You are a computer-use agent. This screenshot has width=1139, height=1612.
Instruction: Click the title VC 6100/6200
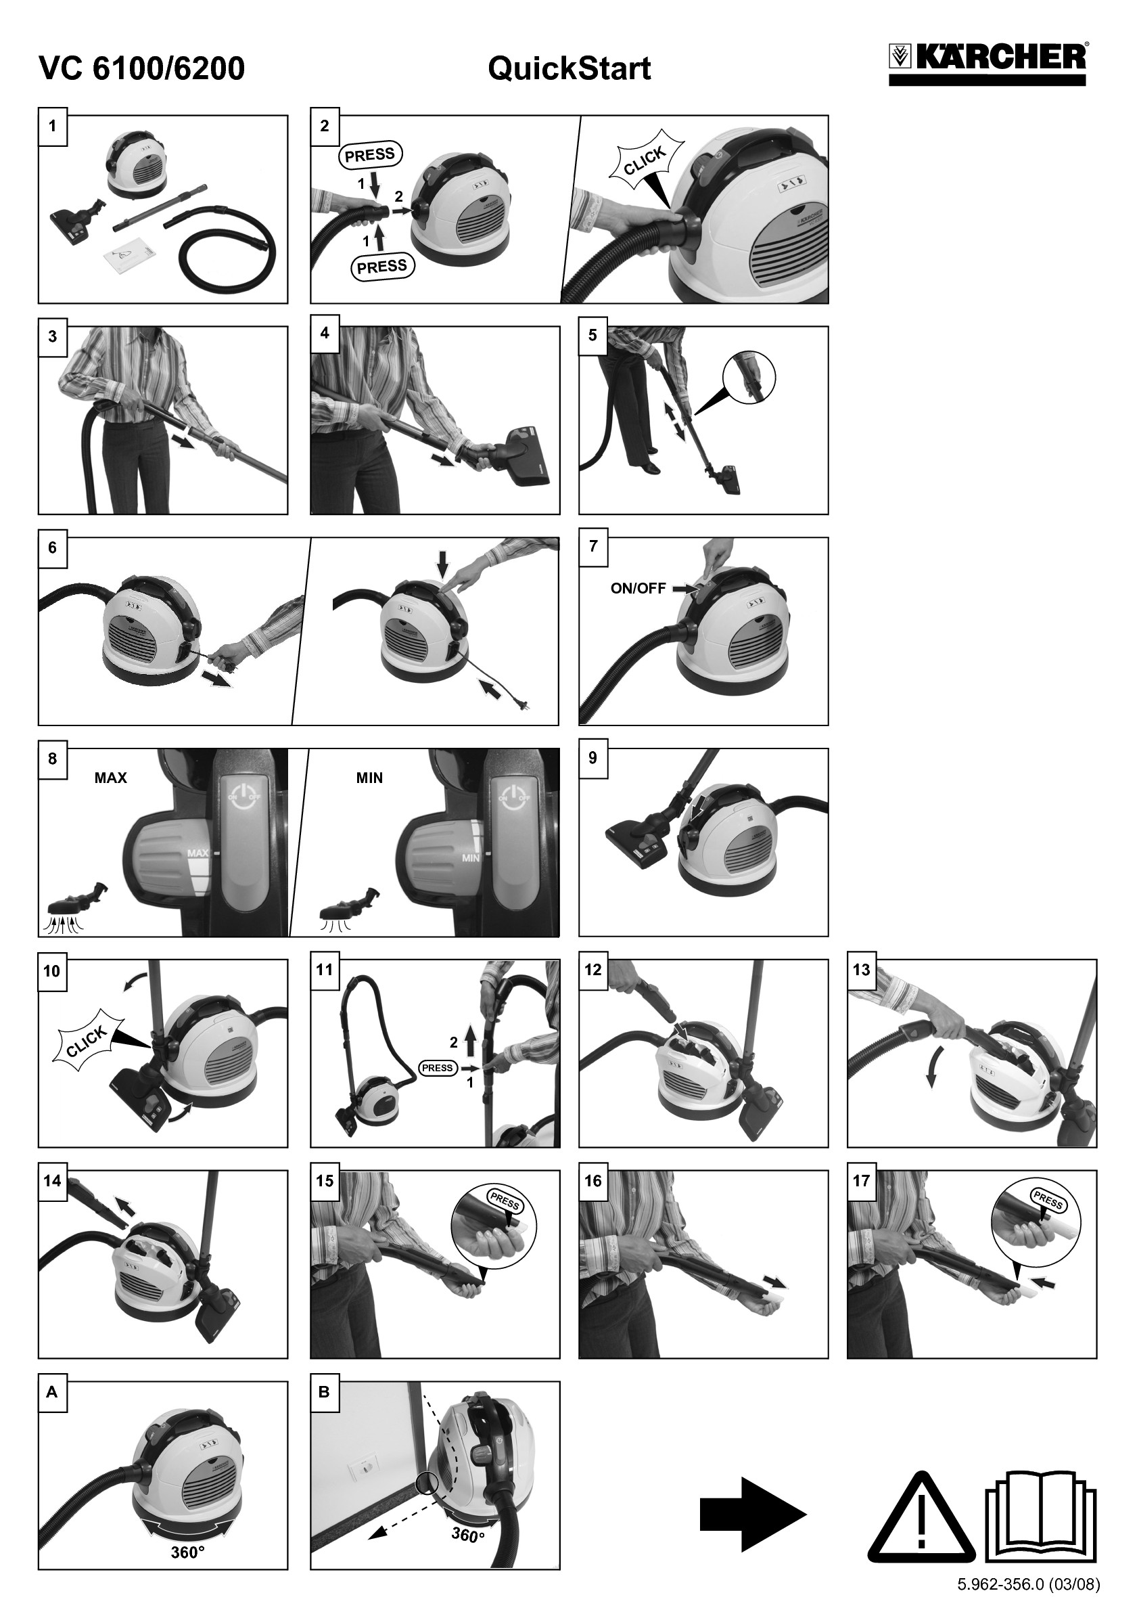pos(142,69)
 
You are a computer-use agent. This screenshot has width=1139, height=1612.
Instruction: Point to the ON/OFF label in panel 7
pos(638,589)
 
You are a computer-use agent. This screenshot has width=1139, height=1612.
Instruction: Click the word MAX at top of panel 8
pos(111,778)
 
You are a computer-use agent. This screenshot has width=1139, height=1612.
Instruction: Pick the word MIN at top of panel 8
pos(369,778)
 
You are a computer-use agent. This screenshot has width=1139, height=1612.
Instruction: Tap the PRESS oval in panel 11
pos(437,1068)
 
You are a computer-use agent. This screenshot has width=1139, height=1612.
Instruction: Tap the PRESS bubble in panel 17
pos(1048,1201)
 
